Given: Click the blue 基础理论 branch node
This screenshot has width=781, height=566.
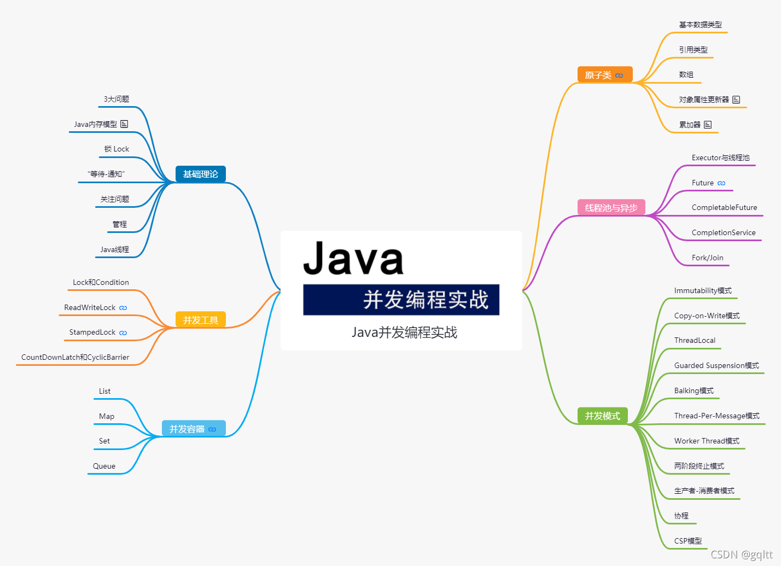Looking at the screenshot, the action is [200, 174].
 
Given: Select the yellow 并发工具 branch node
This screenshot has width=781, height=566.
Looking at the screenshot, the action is [200, 320].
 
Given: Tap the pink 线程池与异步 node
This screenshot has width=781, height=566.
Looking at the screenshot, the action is [611, 208].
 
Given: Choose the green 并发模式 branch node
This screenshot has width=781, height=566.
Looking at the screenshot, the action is [602, 416].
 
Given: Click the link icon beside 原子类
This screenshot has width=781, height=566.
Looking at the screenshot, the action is [619, 75].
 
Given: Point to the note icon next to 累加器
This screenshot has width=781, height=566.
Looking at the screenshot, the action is [708, 125].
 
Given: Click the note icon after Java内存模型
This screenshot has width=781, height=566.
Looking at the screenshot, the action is [124, 124].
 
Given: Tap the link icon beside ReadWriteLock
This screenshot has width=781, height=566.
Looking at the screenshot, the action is [123, 308].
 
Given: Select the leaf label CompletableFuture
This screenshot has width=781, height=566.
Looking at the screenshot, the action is [724, 208].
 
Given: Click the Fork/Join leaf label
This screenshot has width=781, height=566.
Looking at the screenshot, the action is [707, 258].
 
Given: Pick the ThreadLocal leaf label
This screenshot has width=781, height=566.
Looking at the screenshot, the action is [695, 340].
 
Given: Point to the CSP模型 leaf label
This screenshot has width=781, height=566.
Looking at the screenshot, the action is [687, 541].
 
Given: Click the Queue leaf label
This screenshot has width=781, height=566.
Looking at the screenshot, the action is [104, 466].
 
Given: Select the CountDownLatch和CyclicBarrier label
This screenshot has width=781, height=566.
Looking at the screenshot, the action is [75, 358].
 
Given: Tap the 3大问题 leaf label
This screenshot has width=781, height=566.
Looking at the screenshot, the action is [116, 99].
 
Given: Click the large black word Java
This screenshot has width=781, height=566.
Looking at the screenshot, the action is [353, 258].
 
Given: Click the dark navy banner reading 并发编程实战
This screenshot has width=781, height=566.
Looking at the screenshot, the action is [401, 300].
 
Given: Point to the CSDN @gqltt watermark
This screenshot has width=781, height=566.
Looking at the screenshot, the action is [741, 555].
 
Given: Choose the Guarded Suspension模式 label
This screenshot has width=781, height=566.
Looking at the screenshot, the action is [716, 365].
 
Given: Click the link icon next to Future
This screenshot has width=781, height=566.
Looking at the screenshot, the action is [721, 183].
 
